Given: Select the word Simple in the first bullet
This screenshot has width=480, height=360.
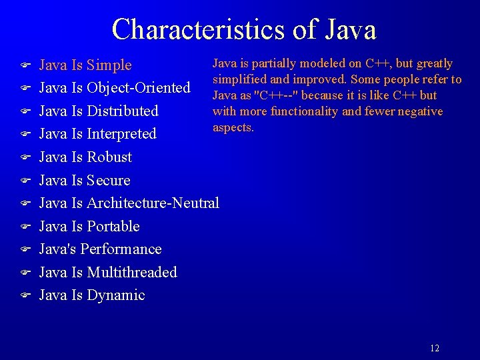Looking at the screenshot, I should pos(109,65).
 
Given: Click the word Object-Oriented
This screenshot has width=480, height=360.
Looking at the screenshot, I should pos(139,88).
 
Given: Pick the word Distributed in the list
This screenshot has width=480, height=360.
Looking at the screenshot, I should pos(123,111).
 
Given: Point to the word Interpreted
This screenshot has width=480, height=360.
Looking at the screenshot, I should pos(121,134).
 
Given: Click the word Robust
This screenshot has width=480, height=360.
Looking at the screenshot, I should pos(109,157).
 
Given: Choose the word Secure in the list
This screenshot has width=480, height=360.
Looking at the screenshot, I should pos(109,180).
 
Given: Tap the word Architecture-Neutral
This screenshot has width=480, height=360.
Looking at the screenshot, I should pos(153,203).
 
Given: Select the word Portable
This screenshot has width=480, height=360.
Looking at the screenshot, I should pos(113,226).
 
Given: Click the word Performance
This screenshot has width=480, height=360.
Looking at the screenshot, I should pos(121,249).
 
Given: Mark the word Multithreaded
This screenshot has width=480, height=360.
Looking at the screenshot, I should pos(132,272).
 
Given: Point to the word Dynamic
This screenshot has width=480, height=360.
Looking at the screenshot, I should pos(116,295).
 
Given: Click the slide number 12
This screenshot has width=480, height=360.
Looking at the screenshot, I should pos(435,348).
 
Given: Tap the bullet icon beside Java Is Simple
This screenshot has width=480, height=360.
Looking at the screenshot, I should pos(24,65).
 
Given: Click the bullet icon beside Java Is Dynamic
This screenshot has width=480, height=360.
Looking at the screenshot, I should pos(24,295).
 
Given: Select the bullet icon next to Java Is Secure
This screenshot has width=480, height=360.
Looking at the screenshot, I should pos(24,180).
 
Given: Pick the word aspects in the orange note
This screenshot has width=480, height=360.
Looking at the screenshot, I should pos(233,127).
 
